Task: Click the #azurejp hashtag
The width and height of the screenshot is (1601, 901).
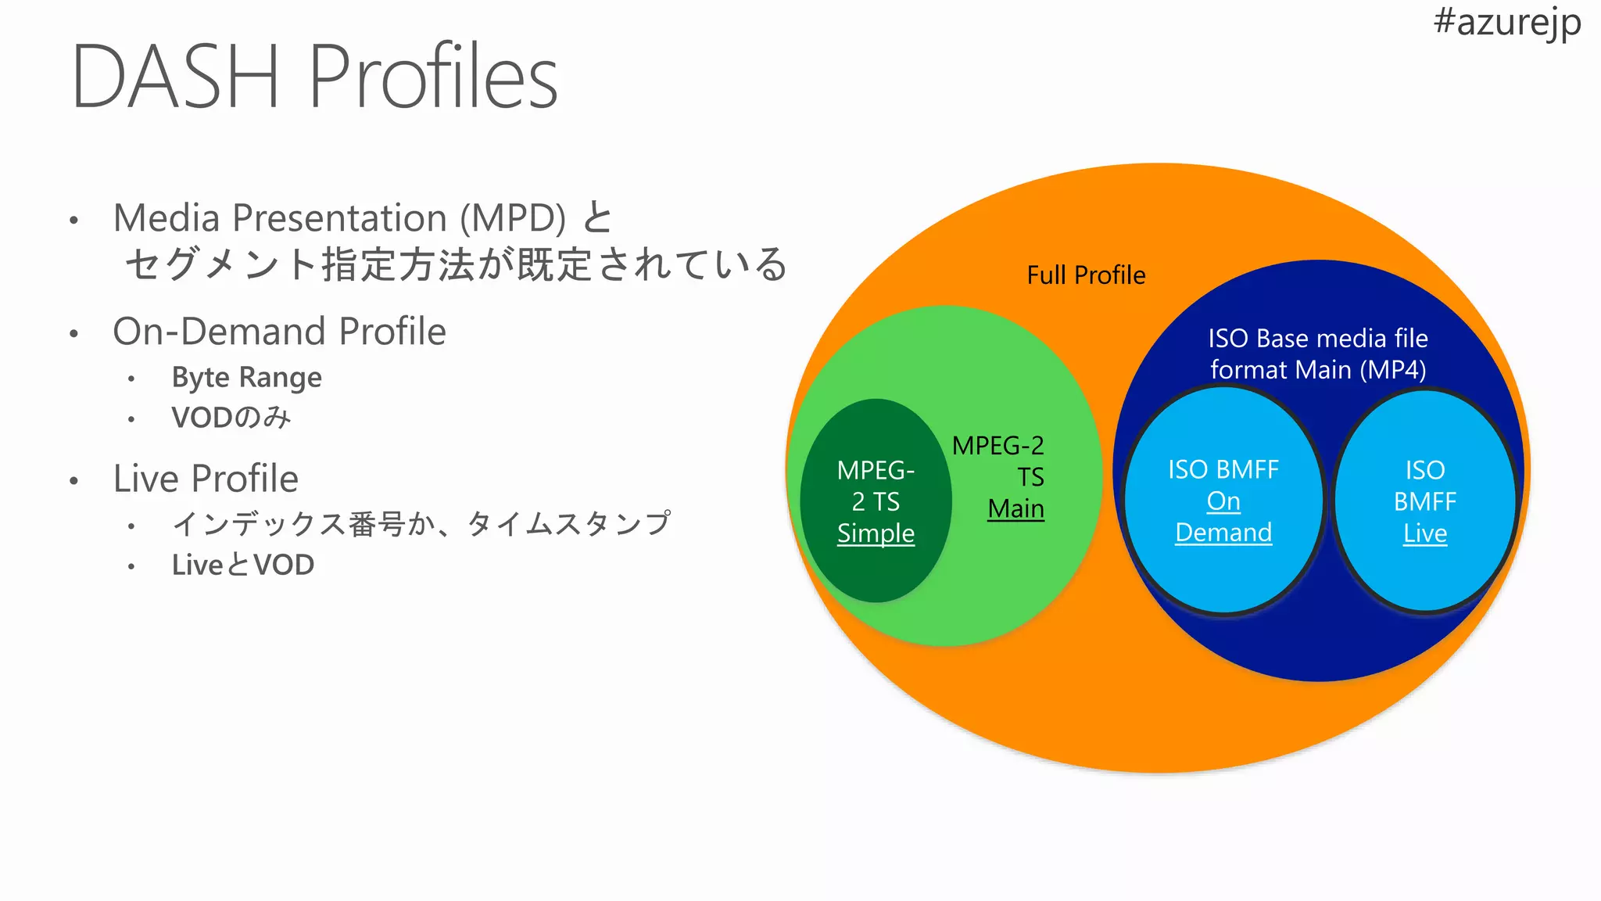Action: click(1506, 22)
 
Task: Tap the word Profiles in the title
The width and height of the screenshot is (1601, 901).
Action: click(433, 77)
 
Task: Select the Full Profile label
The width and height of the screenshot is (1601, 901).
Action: click(1086, 275)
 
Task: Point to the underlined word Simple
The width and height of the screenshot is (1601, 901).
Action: click(876, 533)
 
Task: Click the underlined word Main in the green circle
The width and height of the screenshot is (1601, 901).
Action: click(1015, 509)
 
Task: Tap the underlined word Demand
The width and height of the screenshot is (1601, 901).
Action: click(1223, 533)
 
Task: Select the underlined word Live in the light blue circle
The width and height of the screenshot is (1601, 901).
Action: click(1424, 533)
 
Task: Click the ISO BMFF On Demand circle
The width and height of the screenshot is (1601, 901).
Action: click(1223, 579)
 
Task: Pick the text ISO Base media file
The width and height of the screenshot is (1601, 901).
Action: click(1318, 339)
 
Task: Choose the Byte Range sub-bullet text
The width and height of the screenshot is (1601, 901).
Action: click(246, 378)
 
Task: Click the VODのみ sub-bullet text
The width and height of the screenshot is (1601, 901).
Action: click(231, 418)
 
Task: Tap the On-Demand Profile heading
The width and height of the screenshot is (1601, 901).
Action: click(279, 332)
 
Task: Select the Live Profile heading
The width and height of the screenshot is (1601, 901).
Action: click(206, 479)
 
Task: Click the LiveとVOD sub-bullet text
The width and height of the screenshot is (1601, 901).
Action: click(243, 565)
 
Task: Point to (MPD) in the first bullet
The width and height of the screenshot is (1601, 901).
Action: click(513, 218)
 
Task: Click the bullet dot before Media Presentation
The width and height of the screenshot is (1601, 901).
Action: click(73, 221)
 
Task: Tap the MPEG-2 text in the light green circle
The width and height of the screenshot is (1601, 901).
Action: click(997, 446)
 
